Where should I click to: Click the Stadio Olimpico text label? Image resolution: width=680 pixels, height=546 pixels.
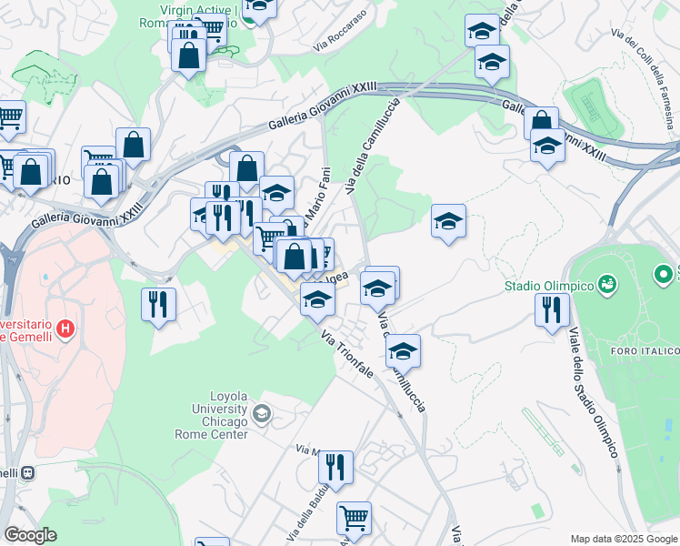(550, 287)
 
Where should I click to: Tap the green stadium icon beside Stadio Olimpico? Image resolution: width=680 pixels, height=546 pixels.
(606, 286)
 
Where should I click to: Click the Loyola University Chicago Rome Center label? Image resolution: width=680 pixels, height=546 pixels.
(215, 415)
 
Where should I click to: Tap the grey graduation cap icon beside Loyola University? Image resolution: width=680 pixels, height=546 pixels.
(262, 415)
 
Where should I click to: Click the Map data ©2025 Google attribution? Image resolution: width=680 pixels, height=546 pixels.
(625, 539)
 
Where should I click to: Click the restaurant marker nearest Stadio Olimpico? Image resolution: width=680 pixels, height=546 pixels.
(552, 308)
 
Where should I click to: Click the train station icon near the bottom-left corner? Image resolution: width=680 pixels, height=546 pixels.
(28, 473)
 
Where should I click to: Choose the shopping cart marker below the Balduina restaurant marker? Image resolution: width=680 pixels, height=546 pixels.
(354, 517)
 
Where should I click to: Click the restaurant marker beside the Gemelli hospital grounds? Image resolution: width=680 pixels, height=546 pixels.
(158, 303)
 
